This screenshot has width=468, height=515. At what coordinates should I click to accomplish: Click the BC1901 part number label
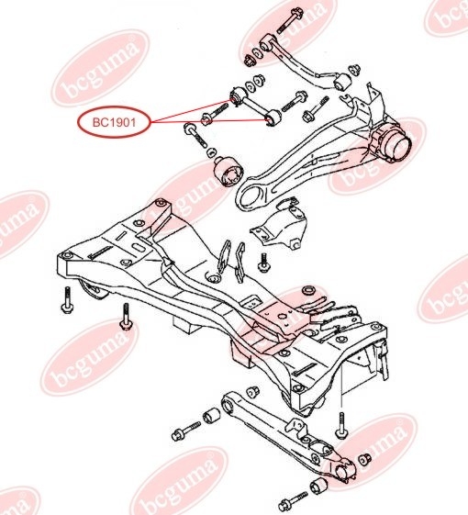[114, 123]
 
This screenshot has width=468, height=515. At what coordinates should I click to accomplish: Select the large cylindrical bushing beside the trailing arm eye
[228, 172]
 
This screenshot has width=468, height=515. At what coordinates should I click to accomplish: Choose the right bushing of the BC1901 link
[273, 118]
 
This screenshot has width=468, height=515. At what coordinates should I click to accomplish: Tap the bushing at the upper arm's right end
[342, 82]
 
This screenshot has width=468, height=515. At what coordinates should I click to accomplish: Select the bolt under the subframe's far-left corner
[67, 300]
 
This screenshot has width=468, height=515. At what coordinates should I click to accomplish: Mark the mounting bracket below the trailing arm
[278, 226]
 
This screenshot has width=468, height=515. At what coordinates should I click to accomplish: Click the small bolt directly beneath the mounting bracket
[263, 263]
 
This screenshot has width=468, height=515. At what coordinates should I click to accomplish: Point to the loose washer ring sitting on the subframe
[309, 290]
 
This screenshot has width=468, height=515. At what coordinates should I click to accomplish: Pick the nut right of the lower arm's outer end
[364, 460]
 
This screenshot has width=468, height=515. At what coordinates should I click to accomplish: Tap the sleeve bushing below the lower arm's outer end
[319, 486]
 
